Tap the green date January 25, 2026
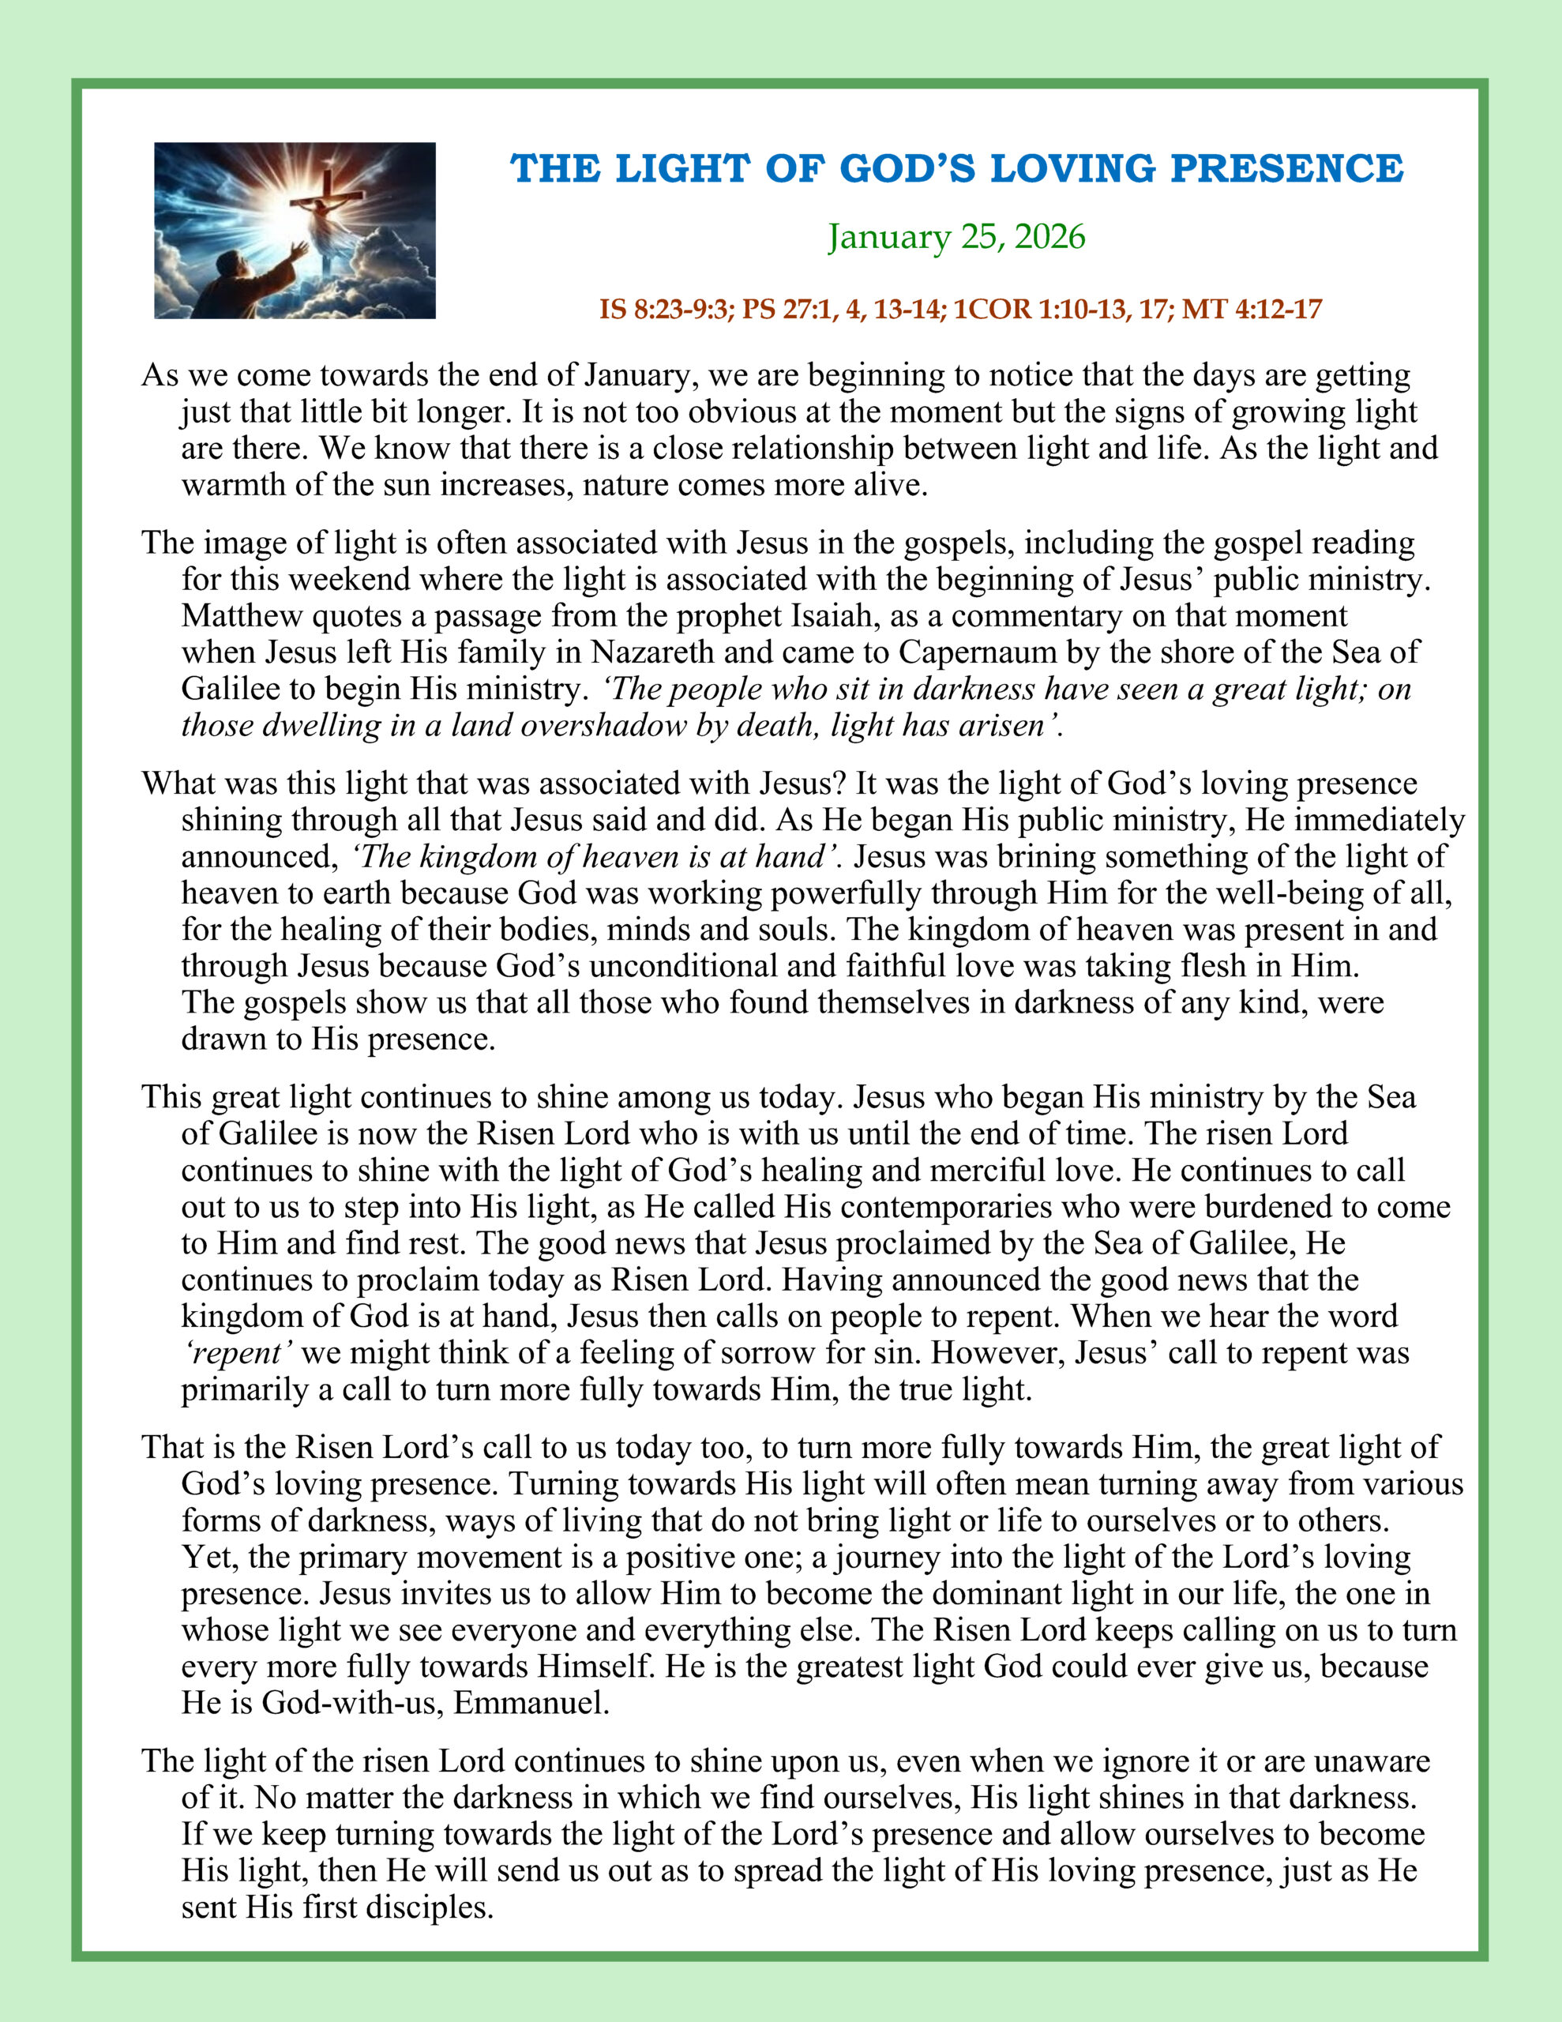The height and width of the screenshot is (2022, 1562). tap(956, 237)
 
